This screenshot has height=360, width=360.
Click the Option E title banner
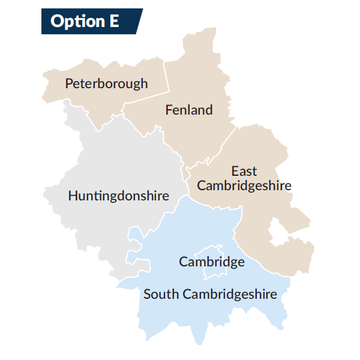(90, 21)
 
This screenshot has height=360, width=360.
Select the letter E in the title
(113, 21)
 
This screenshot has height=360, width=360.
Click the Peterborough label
(106, 83)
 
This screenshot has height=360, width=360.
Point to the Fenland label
(189, 110)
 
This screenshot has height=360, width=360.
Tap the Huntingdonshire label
(118, 196)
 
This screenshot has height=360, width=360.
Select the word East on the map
(244, 172)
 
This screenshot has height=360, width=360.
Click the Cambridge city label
(212, 262)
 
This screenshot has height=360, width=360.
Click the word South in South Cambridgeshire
(161, 295)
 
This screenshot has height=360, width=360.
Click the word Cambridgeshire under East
(244, 185)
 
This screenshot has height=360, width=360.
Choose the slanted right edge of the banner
(139, 21)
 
